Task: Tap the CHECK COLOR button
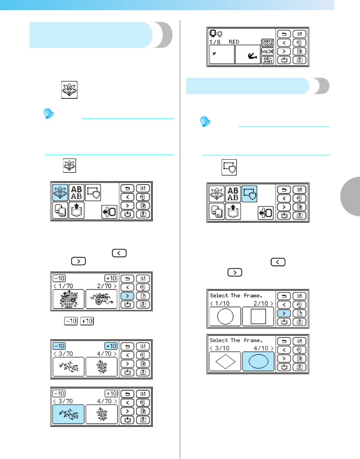pyautogui.click(x=268, y=43)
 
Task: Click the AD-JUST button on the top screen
pyautogui.click(x=268, y=60)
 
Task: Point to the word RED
pyautogui.click(x=234, y=42)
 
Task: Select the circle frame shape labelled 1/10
pyautogui.click(x=225, y=317)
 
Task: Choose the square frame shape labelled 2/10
pyautogui.click(x=258, y=317)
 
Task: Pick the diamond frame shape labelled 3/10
pyautogui.click(x=225, y=361)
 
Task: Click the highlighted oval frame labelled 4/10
pyautogui.click(x=258, y=361)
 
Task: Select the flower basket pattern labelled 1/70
pyautogui.click(x=69, y=299)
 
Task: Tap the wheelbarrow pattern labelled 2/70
pyautogui.click(x=102, y=299)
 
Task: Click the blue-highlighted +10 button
pyautogui.click(x=111, y=346)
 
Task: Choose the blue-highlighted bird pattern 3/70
pyautogui.click(x=68, y=414)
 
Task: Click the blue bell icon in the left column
pyautogui.click(x=48, y=113)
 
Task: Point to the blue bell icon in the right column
pyautogui.click(x=205, y=121)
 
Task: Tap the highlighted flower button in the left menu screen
pyautogui.click(x=60, y=192)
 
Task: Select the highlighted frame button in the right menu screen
pyautogui.click(x=249, y=194)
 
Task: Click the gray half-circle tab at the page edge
pyautogui.click(x=351, y=197)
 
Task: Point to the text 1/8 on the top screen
pyautogui.click(x=215, y=42)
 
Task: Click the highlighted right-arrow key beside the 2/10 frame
pyautogui.click(x=284, y=313)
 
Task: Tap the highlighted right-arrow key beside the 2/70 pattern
pyautogui.click(x=127, y=296)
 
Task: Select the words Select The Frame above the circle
pyautogui.click(x=236, y=296)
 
